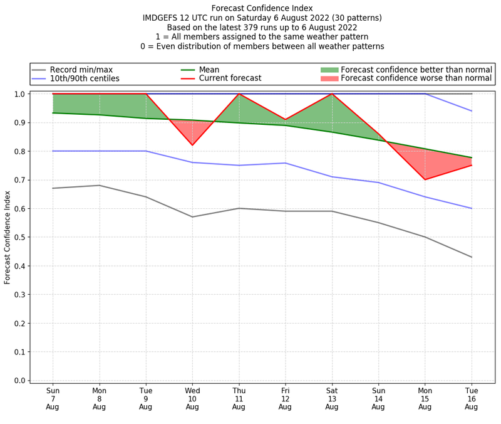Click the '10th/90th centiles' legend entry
(x=85, y=78)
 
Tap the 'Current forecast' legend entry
(x=230, y=78)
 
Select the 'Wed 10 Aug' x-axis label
(x=192, y=398)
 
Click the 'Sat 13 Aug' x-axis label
(x=332, y=398)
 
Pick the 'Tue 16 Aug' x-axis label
(x=472, y=398)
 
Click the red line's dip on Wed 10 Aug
(x=192, y=146)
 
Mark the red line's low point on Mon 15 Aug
(x=425, y=179)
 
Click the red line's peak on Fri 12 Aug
(x=286, y=119)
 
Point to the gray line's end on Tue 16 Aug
(x=472, y=257)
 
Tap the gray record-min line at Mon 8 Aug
(x=100, y=185)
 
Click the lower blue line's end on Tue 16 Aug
(x=472, y=208)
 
